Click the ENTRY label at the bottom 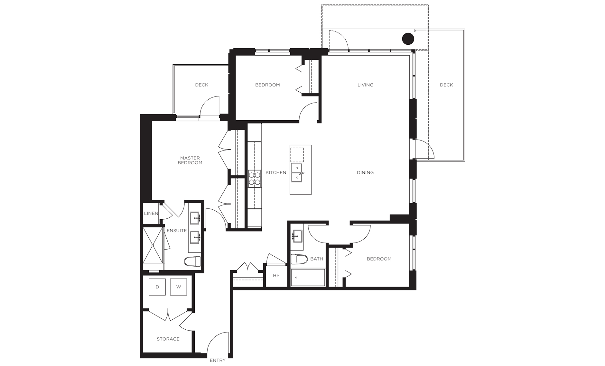(x=218, y=360)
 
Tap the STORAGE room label (x=168, y=339)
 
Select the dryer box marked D (x=157, y=287)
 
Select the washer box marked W (x=179, y=287)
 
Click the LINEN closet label (x=151, y=213)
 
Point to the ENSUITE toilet (x=192, y=261)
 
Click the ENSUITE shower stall (x=154, y=249)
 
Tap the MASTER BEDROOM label (x=190, y=160)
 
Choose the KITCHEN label (x=276, y=172)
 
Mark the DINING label (x=365, y=172)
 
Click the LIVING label (x=365, y=85)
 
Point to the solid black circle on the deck (x=408, y=39)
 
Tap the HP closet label (x=276, y=276)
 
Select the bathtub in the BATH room (x=308, y=278)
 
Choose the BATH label (x=317, y=259)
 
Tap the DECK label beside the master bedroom (x=202, y=85)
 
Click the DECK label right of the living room (x=446, y=85)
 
